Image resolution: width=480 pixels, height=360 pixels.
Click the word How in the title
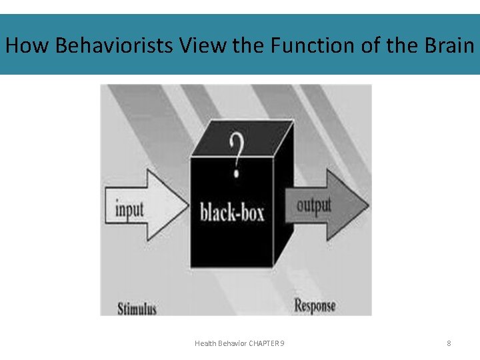[x=27, y=46]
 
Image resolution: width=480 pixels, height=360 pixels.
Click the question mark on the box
[x=235, y=153]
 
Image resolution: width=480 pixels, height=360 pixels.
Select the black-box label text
[x=232, y=212]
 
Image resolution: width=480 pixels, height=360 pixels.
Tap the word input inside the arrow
[x=130, y=209]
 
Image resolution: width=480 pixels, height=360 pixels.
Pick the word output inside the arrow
[x=313, y=205]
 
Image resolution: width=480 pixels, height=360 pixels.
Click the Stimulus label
[x=137, y=309]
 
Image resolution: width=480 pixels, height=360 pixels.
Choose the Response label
[x=315, y=306]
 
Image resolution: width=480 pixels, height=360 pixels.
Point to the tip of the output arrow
[x=367, y=204]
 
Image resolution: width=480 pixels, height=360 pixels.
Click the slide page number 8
[x=449, y=343]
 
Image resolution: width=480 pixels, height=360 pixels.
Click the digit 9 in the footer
[x=283, y=343]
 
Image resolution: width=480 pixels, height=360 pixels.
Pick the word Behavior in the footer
[x=232, y=343]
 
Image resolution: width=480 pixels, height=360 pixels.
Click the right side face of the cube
[x=283, y=200]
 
